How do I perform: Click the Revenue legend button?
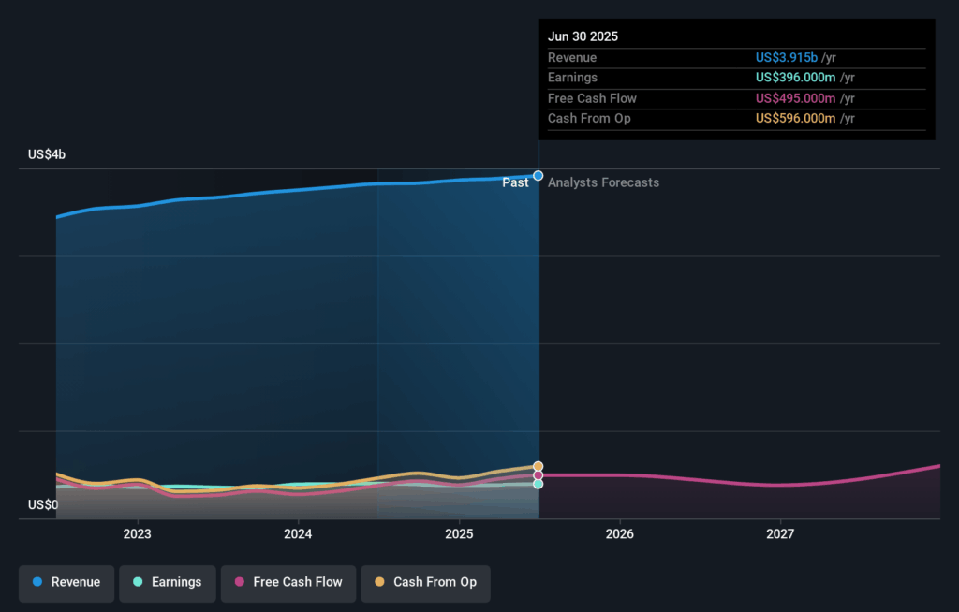[66, 582]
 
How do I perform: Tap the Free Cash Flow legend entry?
[288, 582]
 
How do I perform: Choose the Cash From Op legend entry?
[425, 582]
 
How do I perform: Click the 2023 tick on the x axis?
[138, 534]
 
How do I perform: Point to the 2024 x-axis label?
[298, 534]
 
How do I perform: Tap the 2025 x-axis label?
[459, 534]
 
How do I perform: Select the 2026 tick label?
[620, 534]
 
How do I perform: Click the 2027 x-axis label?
[780, 534]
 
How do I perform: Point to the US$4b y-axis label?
[47, 154]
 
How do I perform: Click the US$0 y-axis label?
[43, 505]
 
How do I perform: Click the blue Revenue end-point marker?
[539, 176]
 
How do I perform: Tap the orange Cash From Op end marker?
[539, 466]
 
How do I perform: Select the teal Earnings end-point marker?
[539, 484]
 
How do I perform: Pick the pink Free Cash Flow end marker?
[539, 475]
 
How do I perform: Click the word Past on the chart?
[515, 183]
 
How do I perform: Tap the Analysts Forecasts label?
[603, 183]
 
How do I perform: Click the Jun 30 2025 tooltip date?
[583, 37]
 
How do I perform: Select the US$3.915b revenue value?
[787, 58]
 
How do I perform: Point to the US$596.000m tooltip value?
[795, 119]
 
